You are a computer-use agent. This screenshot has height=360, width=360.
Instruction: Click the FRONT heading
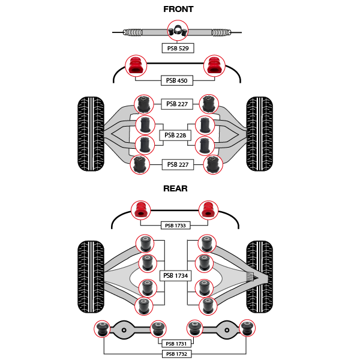pos(178,9)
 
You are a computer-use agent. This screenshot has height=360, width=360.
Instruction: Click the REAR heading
pos(175,188)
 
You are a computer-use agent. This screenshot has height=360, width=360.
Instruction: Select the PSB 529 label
pos(178,47)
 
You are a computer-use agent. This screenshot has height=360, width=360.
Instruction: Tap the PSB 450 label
pos(176,80)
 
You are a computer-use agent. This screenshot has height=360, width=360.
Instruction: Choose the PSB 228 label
pos(175,136)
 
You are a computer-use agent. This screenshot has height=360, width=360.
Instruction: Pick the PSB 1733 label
pos(176,226)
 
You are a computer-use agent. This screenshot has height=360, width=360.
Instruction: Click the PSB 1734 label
pos(176,276)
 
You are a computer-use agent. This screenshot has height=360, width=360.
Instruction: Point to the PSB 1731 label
pos(177,344)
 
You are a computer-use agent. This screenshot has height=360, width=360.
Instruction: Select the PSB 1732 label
pos(177,354)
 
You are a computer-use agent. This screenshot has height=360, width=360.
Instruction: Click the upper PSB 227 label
pos(177,104)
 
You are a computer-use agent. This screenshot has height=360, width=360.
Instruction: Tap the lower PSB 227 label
pos(177,164)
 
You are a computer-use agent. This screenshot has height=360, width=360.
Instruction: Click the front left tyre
pos(91,134)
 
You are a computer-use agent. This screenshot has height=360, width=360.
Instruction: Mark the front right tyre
pos(260,134)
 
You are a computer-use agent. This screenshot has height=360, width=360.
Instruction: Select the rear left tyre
pos(91,277)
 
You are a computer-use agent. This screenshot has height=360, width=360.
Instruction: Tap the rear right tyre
pos(260,277)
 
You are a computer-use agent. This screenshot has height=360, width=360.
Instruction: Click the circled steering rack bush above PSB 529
pos(178,30)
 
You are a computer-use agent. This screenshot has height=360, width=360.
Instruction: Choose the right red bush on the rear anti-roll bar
pos(208,211)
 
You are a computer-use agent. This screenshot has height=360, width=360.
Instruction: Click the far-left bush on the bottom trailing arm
pos(103,329)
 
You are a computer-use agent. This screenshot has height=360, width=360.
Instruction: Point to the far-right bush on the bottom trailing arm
pos(247,328)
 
